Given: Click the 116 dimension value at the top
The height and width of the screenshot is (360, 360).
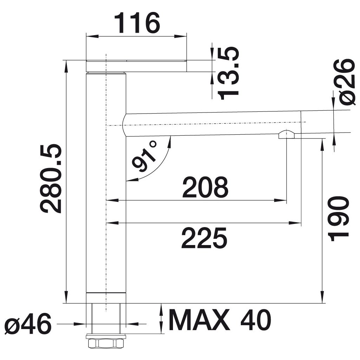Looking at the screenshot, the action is (x=137, y=23).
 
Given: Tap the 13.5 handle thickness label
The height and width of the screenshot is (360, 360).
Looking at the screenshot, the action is (x=228, y=73).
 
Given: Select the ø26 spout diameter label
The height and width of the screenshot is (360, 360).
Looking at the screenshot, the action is (x=346, y=82).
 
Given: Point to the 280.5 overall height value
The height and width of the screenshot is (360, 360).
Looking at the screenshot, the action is (x=51, y=178).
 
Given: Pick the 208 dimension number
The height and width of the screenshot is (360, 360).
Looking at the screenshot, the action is (x=205, y=187).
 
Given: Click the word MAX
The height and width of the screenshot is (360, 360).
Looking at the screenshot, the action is (x=199, y=320).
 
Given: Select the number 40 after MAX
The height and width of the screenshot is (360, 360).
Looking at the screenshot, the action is (x=256, y=320).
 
